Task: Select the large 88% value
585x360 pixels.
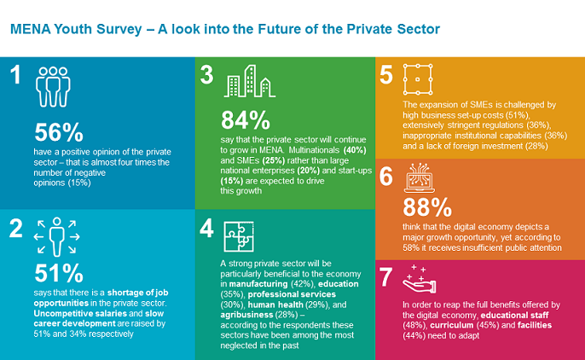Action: click(x=426, y=207)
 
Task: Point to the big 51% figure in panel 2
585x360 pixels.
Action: click(x=59, y=273)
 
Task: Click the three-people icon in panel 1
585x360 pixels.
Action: click(x=52, y=84)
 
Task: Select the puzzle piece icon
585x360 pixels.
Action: click(x=239, y=233)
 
